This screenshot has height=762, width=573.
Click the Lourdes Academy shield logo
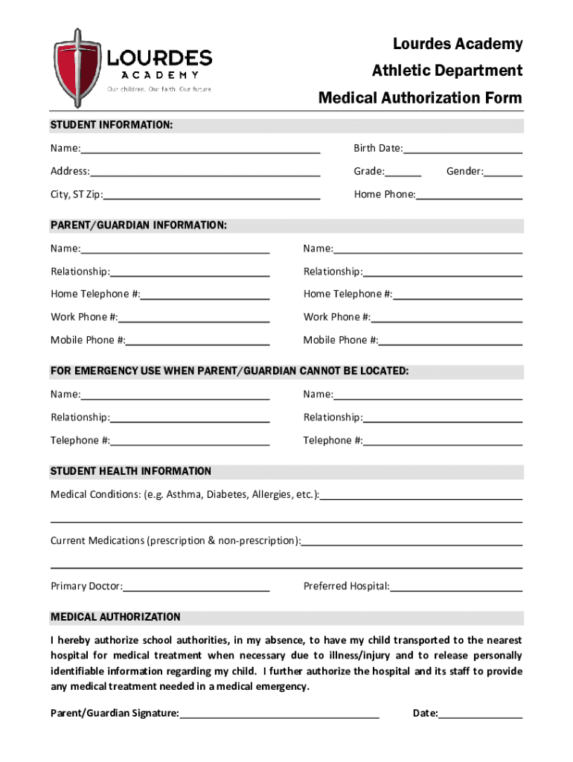coord(77,67)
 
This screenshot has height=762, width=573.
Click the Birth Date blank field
coord(462,149)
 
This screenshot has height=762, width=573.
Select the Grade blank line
coord(403,172)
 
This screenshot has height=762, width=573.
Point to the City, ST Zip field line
coord(212,195)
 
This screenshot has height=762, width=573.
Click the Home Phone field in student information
coord(469,195)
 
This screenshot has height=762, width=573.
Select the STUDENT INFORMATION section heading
coord(112,125)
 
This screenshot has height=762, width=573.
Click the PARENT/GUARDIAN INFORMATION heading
coord(138,225)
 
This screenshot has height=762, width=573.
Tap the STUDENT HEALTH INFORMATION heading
coord(131,471)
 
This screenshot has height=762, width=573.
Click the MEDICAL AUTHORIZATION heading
coord(115,617)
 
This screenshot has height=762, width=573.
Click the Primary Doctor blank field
coord(196,586)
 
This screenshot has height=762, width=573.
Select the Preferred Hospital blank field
coord(456,586)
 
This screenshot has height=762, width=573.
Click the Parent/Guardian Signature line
coord(279,714)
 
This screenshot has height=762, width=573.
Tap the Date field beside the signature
coord(480,714)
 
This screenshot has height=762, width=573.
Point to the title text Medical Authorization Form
coord(420,98)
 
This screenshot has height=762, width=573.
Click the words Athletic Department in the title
coord(446,71)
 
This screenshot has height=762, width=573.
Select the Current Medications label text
coord(175,540)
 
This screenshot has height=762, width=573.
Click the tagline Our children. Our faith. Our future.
coord(160,89)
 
